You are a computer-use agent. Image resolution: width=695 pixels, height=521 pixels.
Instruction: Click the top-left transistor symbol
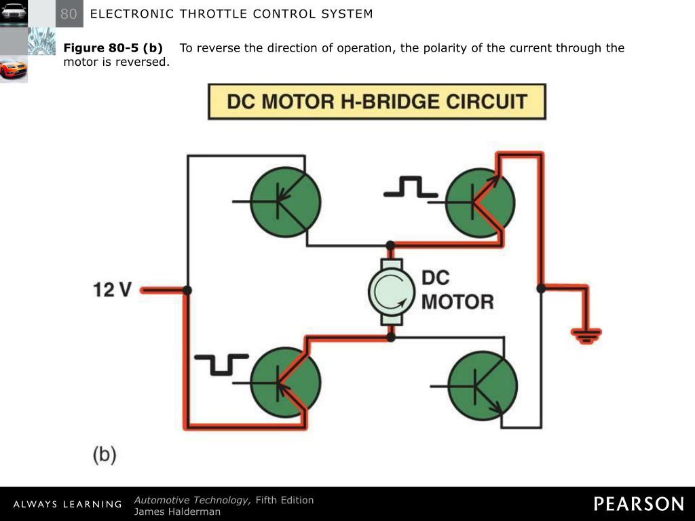click(x=285, y=202)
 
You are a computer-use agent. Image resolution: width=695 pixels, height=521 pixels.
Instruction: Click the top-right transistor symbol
click(x=481, y=202)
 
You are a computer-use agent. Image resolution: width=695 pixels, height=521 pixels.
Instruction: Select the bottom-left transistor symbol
click(x=285, y=382)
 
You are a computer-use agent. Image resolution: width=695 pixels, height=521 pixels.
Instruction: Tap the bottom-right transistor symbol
click(x=483, y=385)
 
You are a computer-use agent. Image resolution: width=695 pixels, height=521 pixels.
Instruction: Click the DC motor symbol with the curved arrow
click(x=391, y=290)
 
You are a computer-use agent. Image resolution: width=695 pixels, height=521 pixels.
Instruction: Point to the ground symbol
click(x=586, y=333)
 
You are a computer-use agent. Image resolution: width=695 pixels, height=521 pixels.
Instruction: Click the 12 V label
click(x=113, y=290)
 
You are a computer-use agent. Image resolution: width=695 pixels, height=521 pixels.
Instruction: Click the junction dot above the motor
click(x=390, y=245)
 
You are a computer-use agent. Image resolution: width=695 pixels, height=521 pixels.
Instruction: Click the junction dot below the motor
click(x=391, y=336)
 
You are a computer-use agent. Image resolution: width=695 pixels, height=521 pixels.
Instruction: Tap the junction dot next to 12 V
click(x=187, y=290)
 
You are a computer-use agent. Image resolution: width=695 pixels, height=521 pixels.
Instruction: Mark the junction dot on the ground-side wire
click(x=541, y=288)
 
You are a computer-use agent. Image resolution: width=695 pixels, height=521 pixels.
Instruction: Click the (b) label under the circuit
click(x=105, y=454)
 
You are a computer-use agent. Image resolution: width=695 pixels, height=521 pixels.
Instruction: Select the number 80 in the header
click(x=69, y=14)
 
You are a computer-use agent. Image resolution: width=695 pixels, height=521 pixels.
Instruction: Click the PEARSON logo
click(x=639, y=503)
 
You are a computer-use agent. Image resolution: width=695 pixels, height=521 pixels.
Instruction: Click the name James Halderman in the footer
click(x=177, y=512)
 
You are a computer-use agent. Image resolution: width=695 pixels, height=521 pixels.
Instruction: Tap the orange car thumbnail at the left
click(x=13, y=69)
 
